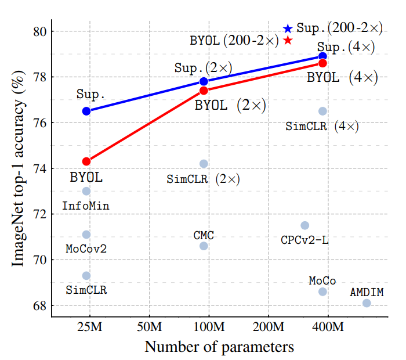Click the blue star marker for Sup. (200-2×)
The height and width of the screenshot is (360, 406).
click(288, 28)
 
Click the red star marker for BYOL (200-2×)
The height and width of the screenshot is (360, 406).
click(288, 40)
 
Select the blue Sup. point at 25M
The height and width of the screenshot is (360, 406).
click(86, 111)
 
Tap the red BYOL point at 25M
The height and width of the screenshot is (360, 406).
click(86, 161)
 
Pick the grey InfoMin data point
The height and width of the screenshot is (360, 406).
click(86, 191)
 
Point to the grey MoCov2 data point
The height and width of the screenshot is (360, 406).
click(86, 235)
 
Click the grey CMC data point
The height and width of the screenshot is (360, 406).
click(204, 246)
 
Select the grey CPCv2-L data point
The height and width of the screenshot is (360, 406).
click(305, 225)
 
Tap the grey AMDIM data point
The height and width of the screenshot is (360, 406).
click(367, 303)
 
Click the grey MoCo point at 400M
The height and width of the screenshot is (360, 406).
click(322, 291)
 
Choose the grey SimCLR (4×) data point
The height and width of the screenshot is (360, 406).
click(322, 111)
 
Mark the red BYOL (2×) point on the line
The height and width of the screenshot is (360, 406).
click(204, 90)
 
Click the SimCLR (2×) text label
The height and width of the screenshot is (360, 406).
click(203, 179)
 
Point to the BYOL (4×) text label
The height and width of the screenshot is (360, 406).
click(342, 78)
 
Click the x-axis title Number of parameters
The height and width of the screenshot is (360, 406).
click(219, 347)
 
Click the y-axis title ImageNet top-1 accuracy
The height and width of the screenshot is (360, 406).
click(19, 168)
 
